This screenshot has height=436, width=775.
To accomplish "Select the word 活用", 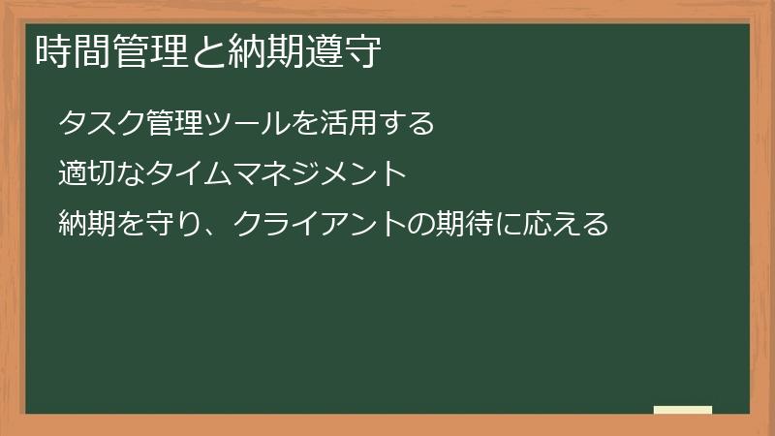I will tap(346, 125).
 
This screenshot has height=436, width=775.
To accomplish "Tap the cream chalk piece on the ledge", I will tap(683, 410).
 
